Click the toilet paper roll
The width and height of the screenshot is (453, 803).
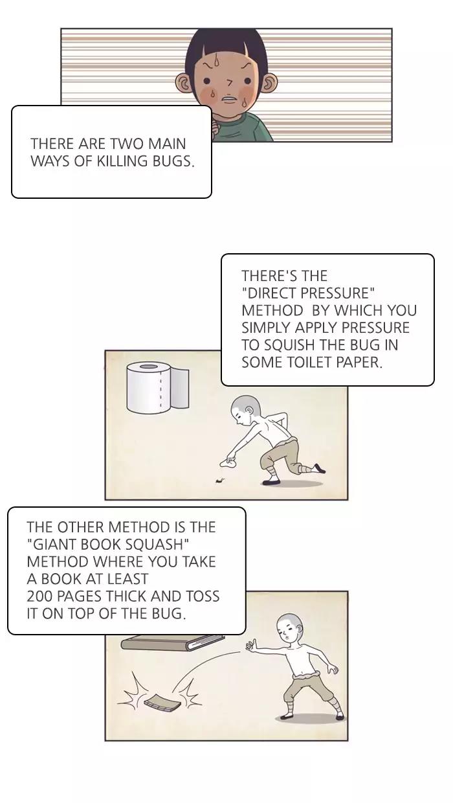click(157, 387)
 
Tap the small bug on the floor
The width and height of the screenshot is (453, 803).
click(219, 481)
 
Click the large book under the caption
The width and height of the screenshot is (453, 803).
click(173, 644)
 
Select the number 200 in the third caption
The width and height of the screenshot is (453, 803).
click(39, 596)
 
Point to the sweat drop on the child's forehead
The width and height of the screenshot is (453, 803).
click(215, 60)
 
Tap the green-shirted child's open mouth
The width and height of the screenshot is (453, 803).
click(228, 98)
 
